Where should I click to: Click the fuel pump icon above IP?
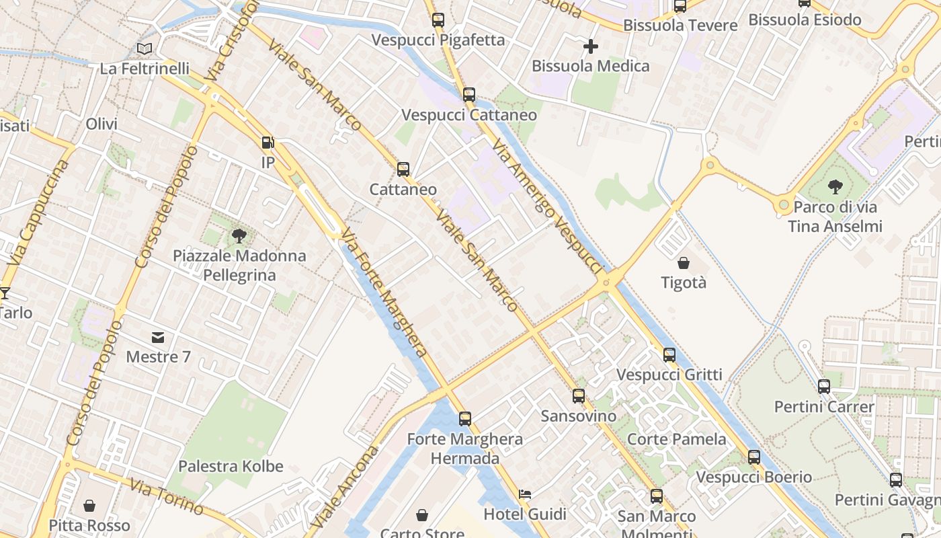pos(268,143)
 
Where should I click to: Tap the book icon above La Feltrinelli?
pos(144,48)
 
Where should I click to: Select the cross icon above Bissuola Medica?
pos(590,46)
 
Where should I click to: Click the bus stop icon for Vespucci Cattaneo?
pos(469,95)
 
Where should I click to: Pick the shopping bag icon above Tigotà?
pos(684,263)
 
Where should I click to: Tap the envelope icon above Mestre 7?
pos(158,337)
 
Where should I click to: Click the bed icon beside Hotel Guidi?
pos(525,494)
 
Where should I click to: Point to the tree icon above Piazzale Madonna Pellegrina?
pos(239,235)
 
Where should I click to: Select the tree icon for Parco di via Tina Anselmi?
pos(835,186)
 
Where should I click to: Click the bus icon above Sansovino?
pos(579,396)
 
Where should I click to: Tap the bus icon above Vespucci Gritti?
pos(669,354)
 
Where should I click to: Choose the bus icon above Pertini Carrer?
pos(824,387)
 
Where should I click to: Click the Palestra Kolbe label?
pos(231,466)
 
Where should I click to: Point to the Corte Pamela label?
pos(676,439)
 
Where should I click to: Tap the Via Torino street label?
pos(166,496)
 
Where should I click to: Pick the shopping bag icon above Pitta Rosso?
pos(89,506)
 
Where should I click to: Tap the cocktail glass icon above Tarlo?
pos(5,293)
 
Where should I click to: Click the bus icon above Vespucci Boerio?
pos(754,457)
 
